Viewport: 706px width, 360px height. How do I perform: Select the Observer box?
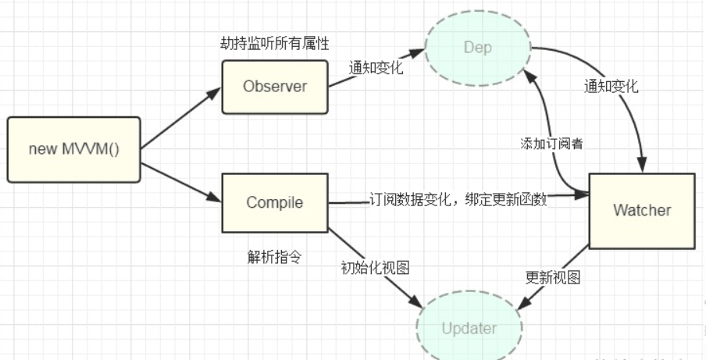click(275, 87)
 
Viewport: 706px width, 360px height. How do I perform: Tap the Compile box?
click(275, 203)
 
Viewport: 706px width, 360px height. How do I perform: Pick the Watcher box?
click(641, 209)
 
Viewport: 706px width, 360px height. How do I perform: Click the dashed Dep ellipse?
click(477, 48)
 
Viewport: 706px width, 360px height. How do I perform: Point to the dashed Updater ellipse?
click(469, 328)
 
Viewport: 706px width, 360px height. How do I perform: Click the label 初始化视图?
click(376, 267)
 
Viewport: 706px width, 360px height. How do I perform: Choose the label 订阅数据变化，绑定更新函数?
click(458, 200)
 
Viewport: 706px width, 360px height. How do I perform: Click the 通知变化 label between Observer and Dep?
click(376, 68)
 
